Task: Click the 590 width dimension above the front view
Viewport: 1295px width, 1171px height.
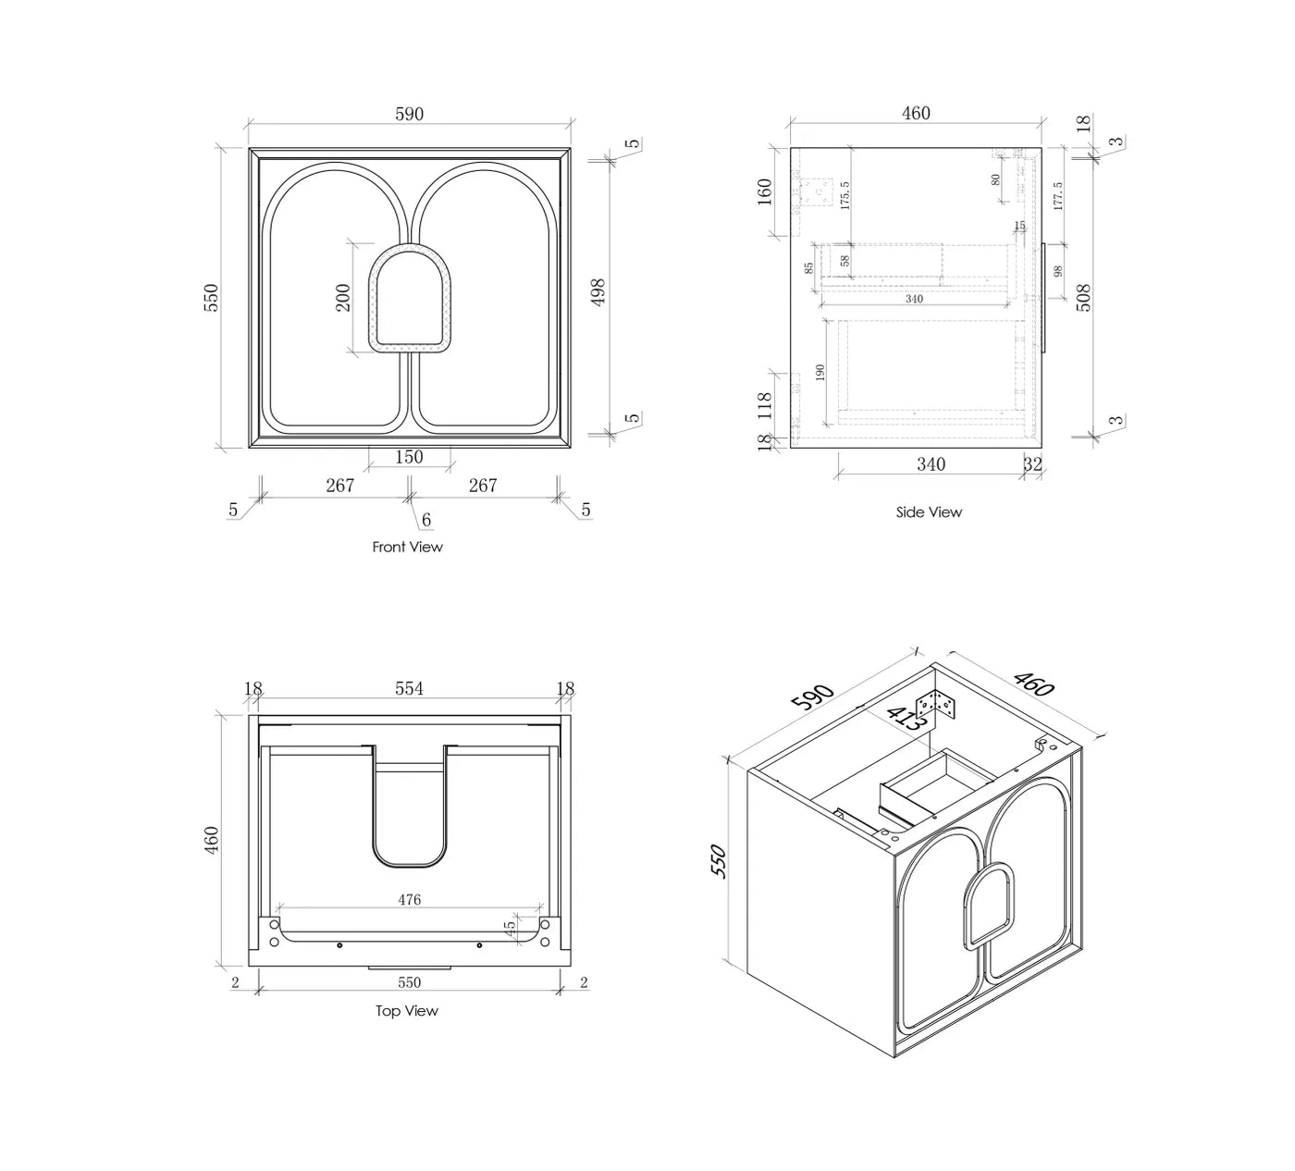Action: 409,115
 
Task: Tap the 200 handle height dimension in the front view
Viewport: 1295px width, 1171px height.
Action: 343,297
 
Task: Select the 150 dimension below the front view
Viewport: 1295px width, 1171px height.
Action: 409,457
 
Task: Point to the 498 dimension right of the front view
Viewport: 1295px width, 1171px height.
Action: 598,293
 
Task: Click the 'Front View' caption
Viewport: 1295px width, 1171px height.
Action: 407,547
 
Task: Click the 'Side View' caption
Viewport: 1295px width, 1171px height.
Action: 929,512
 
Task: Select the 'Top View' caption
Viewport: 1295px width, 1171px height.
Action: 406,1011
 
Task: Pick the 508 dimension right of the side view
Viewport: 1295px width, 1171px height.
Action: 1084,297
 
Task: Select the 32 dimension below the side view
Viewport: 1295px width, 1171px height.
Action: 1032,464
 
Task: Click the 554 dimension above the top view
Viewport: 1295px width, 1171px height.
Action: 409,689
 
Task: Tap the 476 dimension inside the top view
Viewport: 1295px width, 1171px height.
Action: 409,899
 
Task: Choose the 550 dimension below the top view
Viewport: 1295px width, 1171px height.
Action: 409,982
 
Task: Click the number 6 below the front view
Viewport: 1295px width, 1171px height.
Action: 426,521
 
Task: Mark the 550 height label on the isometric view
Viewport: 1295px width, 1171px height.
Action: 721,861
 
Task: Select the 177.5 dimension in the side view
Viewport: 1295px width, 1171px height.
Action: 1058,196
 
